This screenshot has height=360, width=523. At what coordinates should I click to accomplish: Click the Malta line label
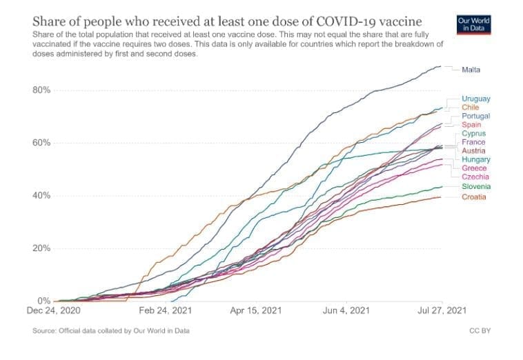pyautogui.click(x=472, y=70)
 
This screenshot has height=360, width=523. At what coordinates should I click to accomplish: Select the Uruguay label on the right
pyautogui.click(x=476, y=99)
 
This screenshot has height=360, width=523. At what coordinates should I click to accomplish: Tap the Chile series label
pyautogui.click(x=470, y=108)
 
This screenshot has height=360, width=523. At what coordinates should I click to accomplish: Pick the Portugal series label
pyautogui.click(x=475, y=117)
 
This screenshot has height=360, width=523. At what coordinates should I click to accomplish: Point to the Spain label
pyautogui.click(x=472, y=125)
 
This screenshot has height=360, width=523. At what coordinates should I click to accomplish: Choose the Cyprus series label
pyautogui.click(x=474, y=134)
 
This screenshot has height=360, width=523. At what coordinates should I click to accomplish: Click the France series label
pyautogui.click(x=473, y=142)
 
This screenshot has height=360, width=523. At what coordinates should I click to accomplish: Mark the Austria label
pyautogui.click(x=473, y=150)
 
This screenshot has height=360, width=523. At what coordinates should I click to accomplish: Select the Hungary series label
pyautogui.click(x=475, y=160)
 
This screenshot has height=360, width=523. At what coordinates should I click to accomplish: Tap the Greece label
pyautogui.click(x=474, y=168)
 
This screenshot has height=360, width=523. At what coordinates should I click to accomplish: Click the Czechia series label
pyautogui.click(x=475, y=177)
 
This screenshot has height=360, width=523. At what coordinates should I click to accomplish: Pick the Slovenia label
pyautogui.click(x=476, y=187)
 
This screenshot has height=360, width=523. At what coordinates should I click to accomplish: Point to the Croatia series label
pyautogui.click(x=474, y=197)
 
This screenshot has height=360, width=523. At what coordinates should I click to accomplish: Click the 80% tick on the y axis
pyautogui.click(x=43, y=90)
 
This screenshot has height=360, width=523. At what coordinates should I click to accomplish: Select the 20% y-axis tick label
pyautogui.click(x=43, y=248)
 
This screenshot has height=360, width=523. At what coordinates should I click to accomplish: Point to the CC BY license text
pyautogui.click(x=480, y=331)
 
